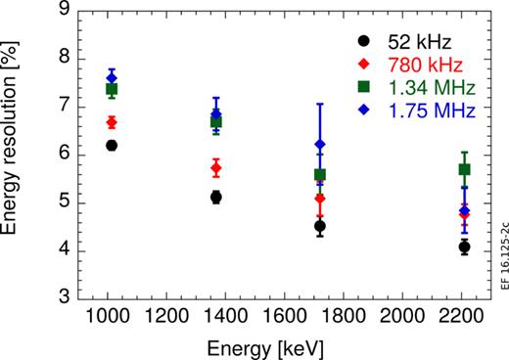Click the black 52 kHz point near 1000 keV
[112, 145]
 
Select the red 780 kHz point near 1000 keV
[112, 122]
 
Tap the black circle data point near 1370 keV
[216, 197]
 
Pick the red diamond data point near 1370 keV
[216, 168]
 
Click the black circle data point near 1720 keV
[320, 226]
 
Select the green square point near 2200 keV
[465, 169]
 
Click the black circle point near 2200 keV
[465, 247]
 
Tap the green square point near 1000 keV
[112, 89]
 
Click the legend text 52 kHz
[412, 42]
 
